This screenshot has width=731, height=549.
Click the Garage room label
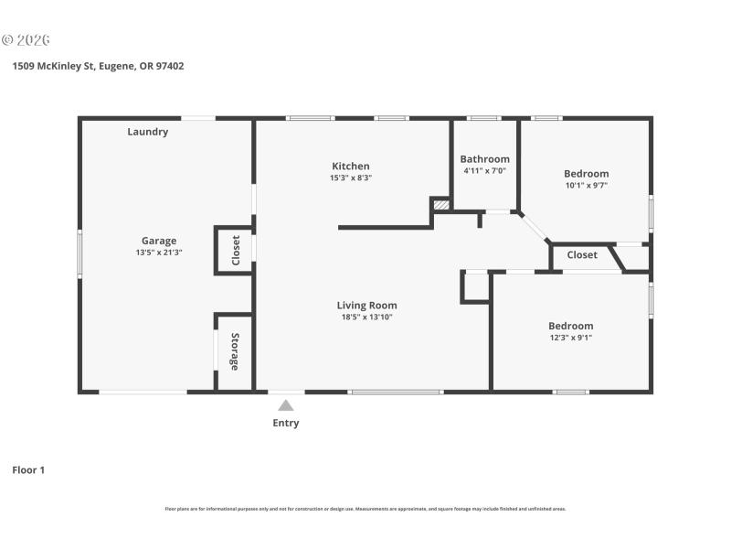point(159,242)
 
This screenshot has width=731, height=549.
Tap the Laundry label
point(147,132)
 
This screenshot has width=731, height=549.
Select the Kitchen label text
point(351,166)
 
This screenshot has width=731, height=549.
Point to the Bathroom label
point(484,159)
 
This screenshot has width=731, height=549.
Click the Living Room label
point(366,306)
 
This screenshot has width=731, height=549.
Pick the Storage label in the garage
point(235,352)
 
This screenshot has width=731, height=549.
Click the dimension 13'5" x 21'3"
point(159,253)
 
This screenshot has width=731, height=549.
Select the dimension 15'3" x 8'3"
point(351,178)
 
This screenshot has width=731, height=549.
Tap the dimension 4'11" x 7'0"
point(484,170)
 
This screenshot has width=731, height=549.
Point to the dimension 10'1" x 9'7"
point(586,185)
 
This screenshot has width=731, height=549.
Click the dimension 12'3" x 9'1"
point(570,337)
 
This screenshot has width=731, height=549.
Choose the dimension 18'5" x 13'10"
point(366,318)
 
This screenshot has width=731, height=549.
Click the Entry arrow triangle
point(286,405)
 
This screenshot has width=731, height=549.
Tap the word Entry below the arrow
point(286,423)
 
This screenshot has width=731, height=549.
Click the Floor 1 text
point(28,470)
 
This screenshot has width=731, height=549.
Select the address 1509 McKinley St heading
point(98,66)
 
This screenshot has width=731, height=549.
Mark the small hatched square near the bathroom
point(441,205)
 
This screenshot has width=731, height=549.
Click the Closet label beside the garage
point(236,250)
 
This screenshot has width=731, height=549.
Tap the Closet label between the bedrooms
point(582,255)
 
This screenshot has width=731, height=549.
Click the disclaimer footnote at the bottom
point(365,509)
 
